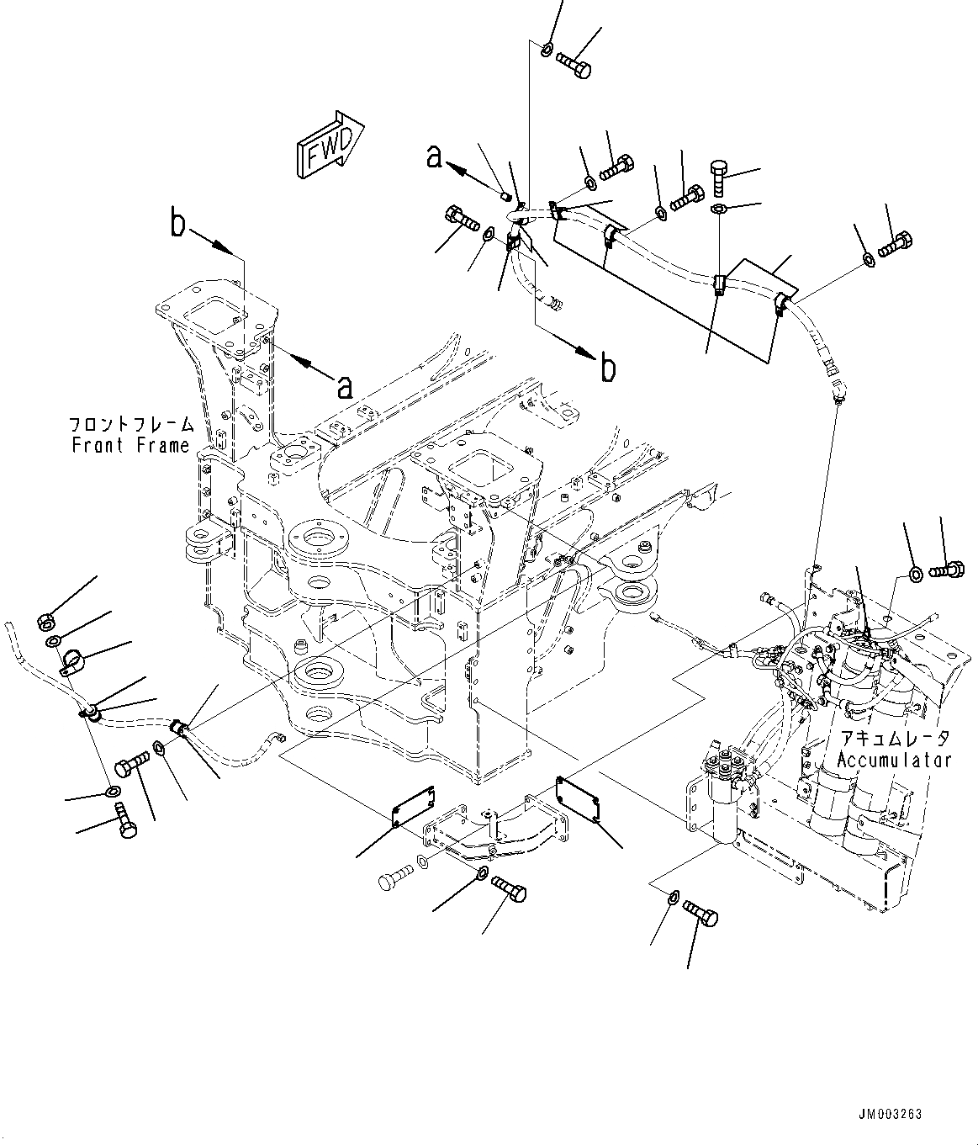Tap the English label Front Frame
(131, 445)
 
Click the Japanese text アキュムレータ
(895, 739)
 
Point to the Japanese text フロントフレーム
(132, 425)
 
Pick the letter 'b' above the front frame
(177, 225)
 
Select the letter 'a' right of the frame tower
(343, 387)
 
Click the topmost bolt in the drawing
(574, 65)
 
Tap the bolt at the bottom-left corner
(125, 821)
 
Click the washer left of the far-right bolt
(915, 575)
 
